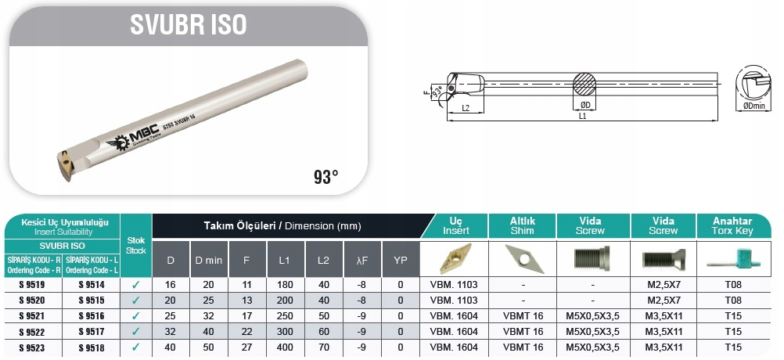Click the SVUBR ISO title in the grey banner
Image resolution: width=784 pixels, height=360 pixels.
coord(189,24)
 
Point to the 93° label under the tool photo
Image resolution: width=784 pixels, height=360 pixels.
coord(326,176)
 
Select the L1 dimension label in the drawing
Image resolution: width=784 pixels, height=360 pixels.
coord(582,116)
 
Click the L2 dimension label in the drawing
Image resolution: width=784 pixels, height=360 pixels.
coord(466,108)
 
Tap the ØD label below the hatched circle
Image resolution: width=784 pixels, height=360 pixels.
coord(585,105)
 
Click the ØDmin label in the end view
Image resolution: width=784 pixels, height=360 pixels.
coord(754,106)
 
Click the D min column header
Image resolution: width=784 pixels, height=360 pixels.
coord(208,260)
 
